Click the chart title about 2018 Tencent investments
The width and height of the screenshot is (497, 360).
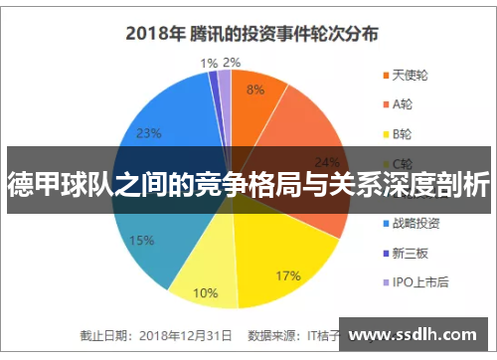pos(250,33)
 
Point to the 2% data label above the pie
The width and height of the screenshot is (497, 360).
pos(232,62)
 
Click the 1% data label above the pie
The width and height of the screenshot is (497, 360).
pos(209,62)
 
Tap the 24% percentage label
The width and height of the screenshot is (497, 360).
pos(326,162)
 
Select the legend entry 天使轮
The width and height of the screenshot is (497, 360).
pos(411,75)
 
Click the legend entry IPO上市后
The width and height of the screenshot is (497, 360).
pos(419,281)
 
